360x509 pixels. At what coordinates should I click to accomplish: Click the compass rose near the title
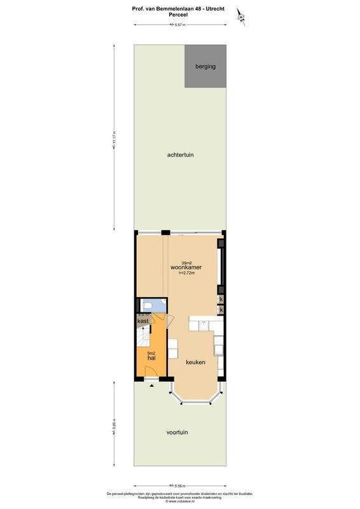tap(240, 15)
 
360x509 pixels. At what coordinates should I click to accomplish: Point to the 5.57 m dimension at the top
tap(180, 25)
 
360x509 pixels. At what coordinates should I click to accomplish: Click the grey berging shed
tap(205, 66)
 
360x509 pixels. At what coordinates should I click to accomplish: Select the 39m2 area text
tap(187, 262)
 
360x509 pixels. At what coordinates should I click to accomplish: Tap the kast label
tap(143, 322)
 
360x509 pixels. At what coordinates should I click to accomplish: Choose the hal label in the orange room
tap(151, 359)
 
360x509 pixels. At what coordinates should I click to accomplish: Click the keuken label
tap(195, 362)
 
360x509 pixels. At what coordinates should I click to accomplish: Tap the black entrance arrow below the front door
tap(151, 385)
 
